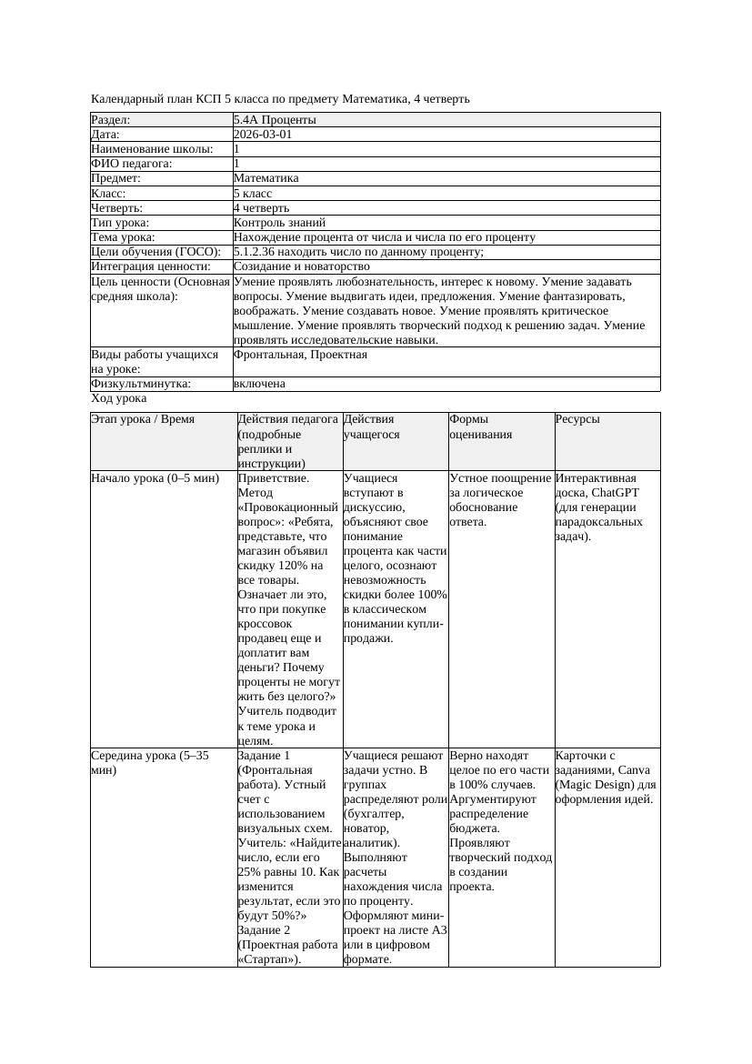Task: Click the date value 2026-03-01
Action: pos(263,134)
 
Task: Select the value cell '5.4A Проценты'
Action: pos(275,119)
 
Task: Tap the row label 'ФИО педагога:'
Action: pos(132,164)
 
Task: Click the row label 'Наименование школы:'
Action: pos(152,148)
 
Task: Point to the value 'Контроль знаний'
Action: pos(279,222)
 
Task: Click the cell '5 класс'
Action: pos(253,193)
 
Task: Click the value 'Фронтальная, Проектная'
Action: pos(300,354)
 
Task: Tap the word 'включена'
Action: pos(259,383)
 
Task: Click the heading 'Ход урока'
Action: pos(118,398)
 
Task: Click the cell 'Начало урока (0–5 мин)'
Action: pos(148,477)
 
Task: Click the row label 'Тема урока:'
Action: pos(124,237)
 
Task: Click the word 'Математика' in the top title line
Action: pos(374,98)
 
